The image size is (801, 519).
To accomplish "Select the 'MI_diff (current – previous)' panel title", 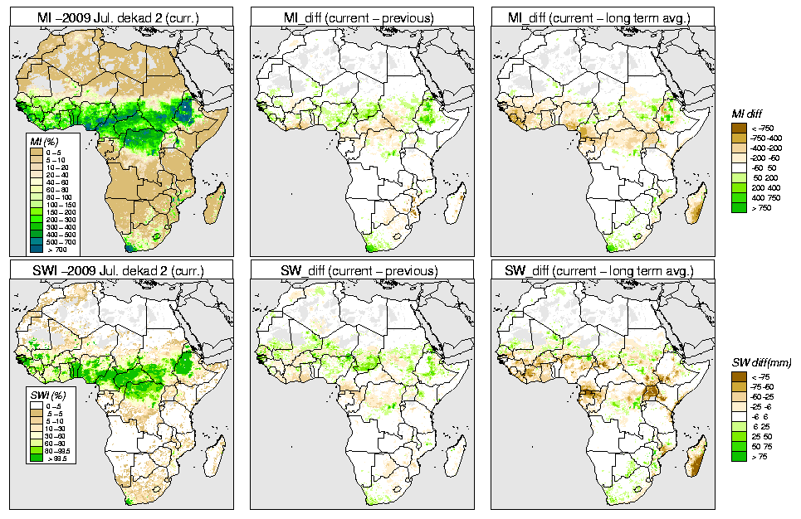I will point(361,15).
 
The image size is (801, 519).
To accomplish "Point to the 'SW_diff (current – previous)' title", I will point(361,270).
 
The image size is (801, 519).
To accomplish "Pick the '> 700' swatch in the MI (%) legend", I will point(37,249).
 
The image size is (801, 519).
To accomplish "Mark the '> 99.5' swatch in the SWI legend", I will point(37,457).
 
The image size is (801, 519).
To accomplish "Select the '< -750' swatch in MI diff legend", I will point(738,128).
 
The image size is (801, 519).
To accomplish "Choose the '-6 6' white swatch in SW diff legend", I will point(738,417).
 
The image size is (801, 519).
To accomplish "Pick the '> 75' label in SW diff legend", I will point(759,458).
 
